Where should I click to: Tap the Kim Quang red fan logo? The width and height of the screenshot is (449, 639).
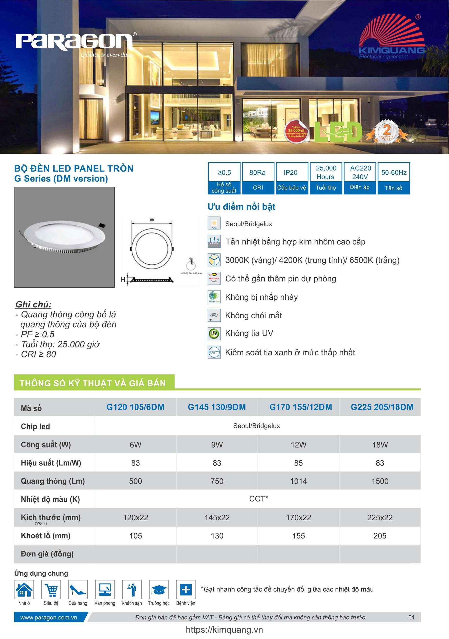392,35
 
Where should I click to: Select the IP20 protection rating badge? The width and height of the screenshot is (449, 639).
291,178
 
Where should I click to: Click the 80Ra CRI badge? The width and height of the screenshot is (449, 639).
258,178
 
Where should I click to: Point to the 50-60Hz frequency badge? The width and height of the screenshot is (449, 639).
394,178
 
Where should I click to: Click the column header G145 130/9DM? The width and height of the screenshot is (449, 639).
217,407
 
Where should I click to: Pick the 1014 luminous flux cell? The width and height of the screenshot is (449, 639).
298,481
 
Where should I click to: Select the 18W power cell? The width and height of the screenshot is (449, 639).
380,445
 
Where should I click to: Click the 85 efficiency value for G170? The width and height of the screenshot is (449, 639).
298,463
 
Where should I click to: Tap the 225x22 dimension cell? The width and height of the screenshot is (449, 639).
380,518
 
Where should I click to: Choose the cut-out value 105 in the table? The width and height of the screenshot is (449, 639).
135,536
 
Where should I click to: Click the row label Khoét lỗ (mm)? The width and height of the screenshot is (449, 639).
46,536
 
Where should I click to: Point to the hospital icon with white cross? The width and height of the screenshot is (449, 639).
186,589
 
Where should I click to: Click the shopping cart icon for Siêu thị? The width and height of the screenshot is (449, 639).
51,589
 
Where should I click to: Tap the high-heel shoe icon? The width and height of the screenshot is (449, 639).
78,589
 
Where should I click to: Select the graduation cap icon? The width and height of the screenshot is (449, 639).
159,589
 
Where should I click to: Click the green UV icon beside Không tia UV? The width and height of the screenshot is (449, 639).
214,333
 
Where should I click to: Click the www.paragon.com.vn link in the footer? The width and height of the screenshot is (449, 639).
49,617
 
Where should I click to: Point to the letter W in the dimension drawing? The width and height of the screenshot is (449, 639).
152,220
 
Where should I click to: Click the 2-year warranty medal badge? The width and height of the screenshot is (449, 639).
387,131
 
